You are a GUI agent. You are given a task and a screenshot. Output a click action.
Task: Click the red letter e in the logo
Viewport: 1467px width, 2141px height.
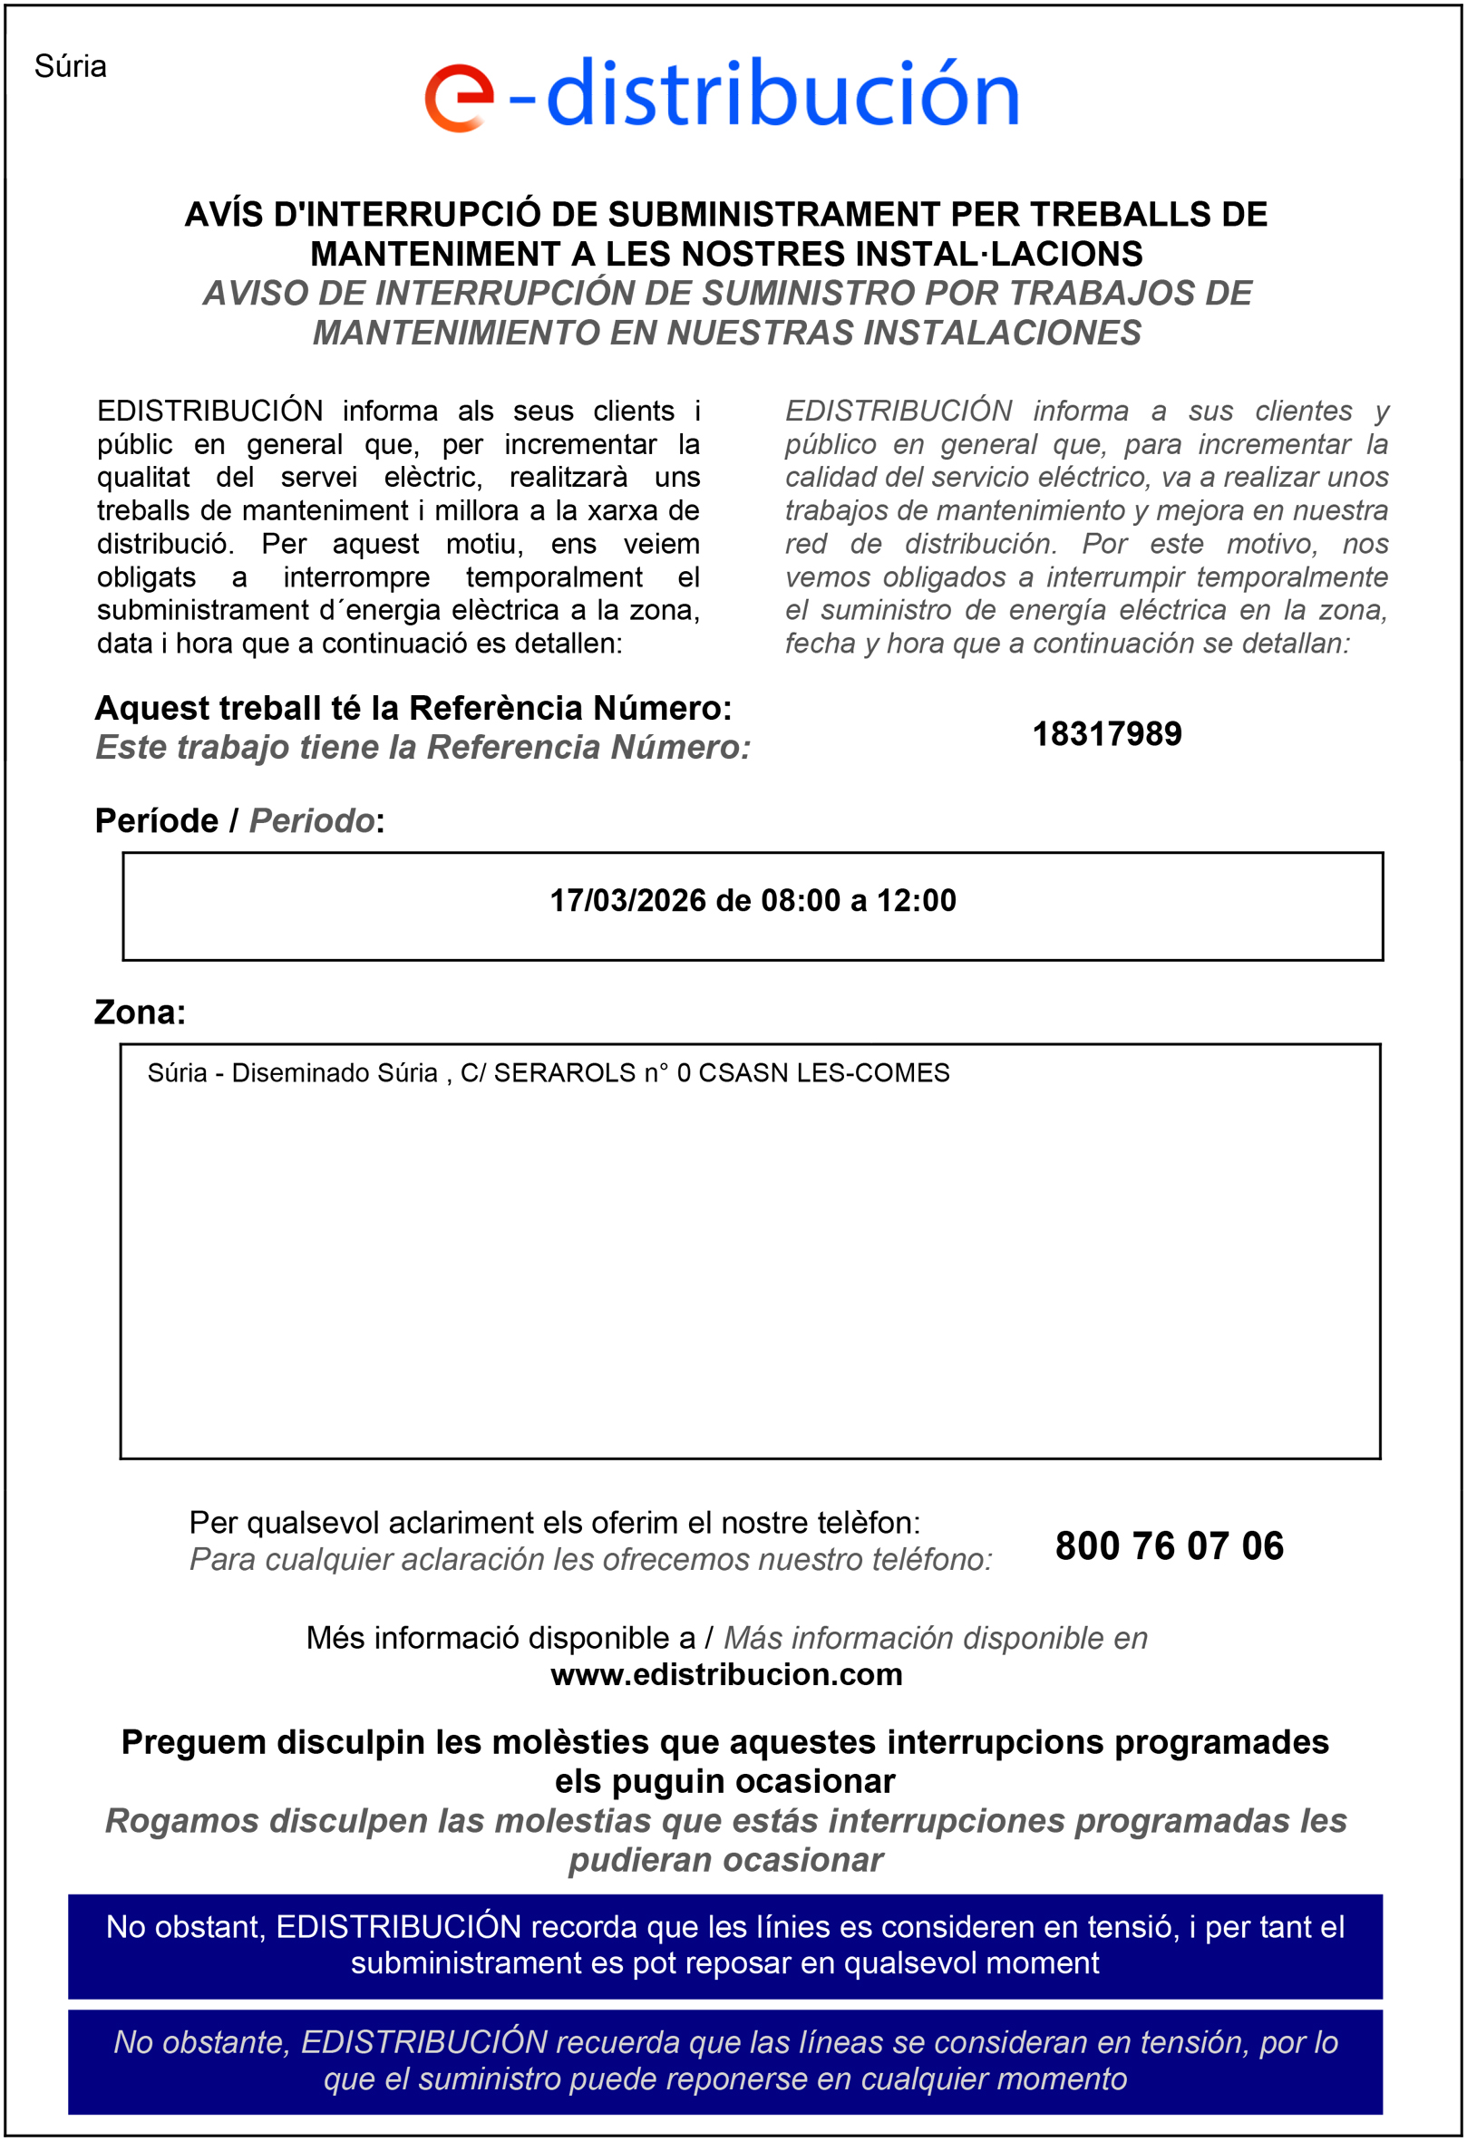click(458, 98)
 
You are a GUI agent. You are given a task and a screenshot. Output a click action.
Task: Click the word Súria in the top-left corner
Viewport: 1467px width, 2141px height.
click(70, 66)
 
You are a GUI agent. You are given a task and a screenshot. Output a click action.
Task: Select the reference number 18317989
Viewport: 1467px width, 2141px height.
click(1106, 734)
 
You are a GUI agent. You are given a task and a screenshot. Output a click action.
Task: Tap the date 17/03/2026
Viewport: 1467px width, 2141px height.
click(627, 900)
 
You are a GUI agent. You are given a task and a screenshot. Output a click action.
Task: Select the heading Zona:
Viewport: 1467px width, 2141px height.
click(140, 1012)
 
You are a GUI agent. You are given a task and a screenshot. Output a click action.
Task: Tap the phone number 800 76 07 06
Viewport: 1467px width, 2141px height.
click(1169, 1545)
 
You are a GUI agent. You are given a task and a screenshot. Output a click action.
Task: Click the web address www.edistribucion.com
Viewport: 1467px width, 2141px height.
click(726, 1674)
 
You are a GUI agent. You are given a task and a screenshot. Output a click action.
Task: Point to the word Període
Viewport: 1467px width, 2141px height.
click(157, 821)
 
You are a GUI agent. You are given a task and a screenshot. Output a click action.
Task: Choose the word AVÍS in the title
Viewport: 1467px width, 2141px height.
click(225, 215)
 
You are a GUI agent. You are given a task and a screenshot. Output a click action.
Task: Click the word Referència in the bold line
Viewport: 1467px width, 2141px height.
click(496, 709)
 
